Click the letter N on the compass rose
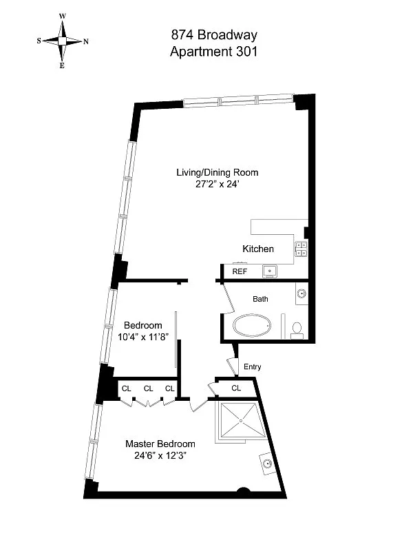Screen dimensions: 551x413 (85, 41)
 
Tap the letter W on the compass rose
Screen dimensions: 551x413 (63, 15)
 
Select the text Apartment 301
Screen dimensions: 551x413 (213, 52)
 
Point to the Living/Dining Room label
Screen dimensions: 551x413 (217, 172)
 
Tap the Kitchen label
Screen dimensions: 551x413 (258, 249)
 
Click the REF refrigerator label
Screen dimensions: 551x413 (240, 272)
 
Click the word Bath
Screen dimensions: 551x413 (260, 299)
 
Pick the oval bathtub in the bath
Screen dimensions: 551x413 (254, 326)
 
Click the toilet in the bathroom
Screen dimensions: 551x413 (297, 330)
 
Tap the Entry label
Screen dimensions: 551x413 (253, 367)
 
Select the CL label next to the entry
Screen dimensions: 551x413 (236, 388)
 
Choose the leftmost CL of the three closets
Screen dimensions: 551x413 (126, 388)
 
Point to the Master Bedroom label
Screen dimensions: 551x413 (160, 444)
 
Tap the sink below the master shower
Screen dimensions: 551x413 (268, 464)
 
